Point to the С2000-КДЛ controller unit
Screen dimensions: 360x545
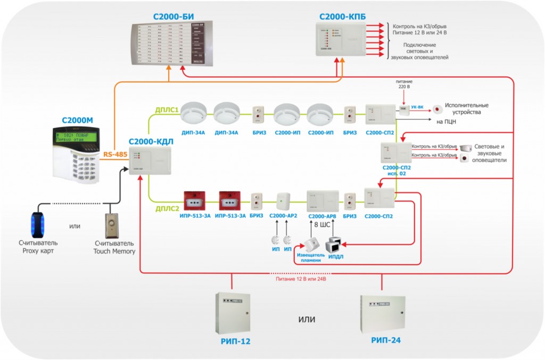(x=150, y=162)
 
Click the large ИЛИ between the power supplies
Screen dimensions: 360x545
(x=307, y=320)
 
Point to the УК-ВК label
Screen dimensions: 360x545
(x=418, y=107)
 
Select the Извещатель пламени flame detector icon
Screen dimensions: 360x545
(x=310, y=244)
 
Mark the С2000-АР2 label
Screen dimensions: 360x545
(x=284, y=216)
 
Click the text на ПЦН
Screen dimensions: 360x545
(x=447, y=122)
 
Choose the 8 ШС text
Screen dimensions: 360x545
(x=322, y=225)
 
